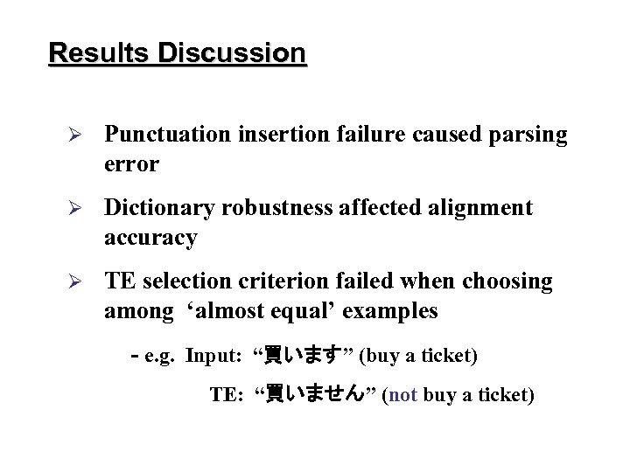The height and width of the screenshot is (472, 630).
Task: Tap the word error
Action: pos(131,164)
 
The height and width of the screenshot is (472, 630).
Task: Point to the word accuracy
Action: pos(150,239)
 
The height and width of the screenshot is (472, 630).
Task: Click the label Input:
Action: pos(213,356)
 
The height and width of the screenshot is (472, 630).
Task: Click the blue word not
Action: pos(402,395)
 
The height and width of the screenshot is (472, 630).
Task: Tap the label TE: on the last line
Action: pos(227,395)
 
